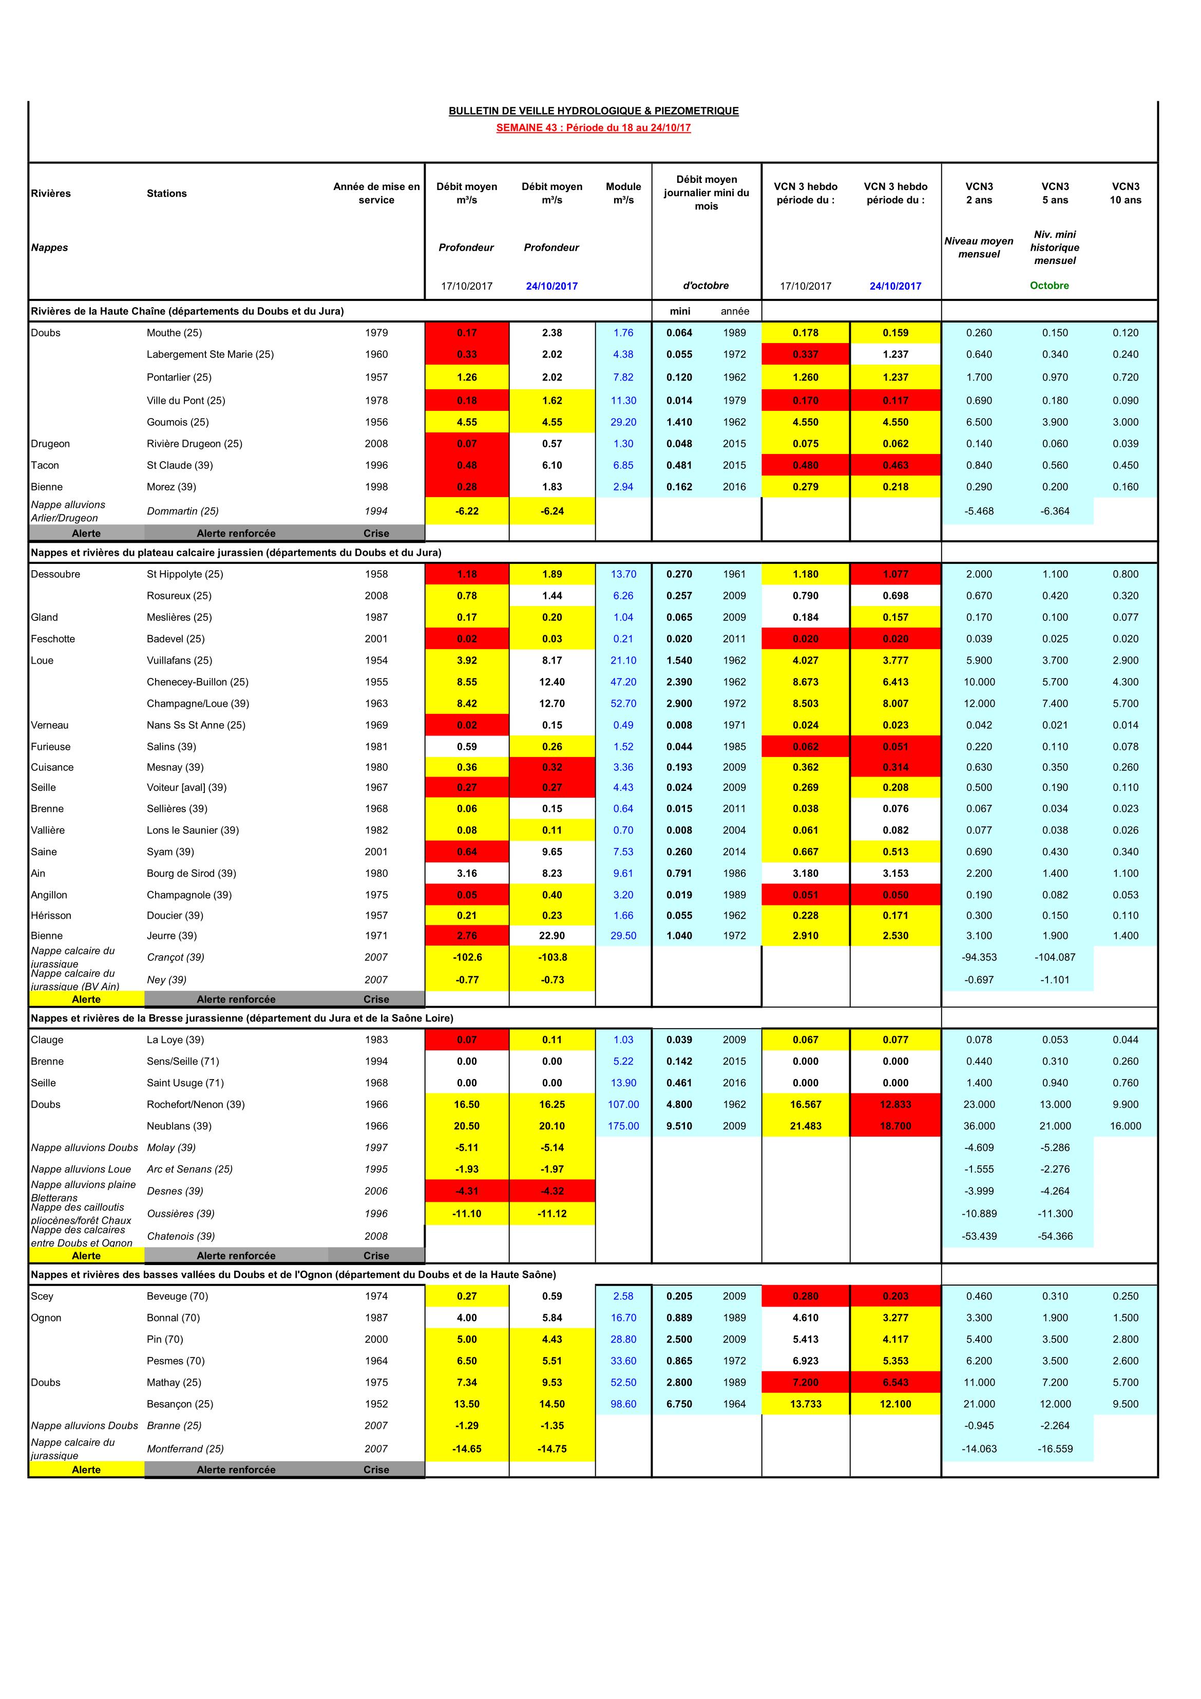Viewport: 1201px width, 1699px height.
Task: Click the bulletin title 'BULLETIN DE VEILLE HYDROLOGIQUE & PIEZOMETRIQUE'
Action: click(x=594, y=111)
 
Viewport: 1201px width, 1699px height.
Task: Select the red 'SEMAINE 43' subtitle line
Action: click(x=594, y=127)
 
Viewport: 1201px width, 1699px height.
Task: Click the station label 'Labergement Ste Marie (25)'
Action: click(x=210, y=354)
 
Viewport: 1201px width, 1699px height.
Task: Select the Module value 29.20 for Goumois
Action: click(x=623, y=422)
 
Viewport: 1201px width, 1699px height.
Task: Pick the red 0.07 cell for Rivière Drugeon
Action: click(x=467, y=444)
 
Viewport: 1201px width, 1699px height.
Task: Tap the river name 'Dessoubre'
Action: click(x=55, y=574)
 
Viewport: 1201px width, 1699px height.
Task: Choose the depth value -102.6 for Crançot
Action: click(x=467, y=957)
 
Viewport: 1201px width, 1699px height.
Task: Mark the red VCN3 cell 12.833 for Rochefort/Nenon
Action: click(x=895, y=1104)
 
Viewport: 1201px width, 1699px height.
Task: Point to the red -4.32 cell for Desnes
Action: click(x=552, y=1191)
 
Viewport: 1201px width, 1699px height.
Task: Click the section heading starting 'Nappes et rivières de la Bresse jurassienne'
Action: click(x=242, y=1018)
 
